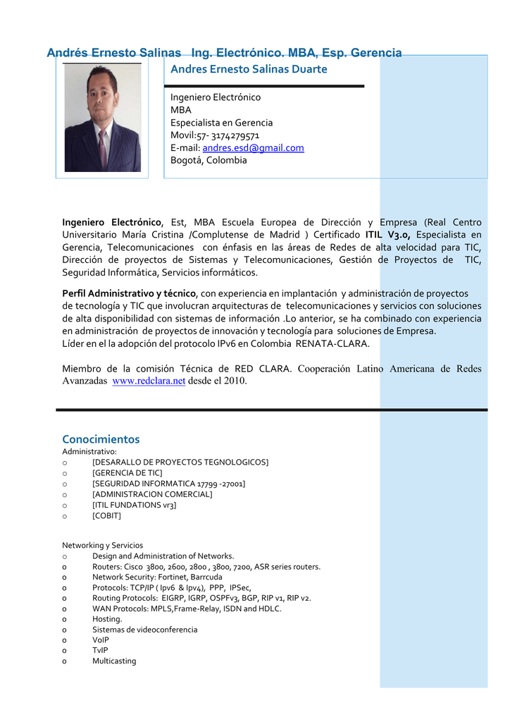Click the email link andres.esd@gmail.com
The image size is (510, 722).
click(253, 148)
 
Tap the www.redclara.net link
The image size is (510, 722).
click(149, 381)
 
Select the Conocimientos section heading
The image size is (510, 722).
click(101, 439)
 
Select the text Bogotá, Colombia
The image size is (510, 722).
click(209, 160)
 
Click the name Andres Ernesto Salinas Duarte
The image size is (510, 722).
click(249, 69)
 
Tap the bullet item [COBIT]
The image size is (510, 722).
click(106, 515)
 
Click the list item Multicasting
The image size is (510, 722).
click(114, 661)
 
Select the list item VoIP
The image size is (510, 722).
click(101, 640)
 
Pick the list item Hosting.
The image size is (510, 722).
click(107, 618)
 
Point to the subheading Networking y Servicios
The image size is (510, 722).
click(102, 545)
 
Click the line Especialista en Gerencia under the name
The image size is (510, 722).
click(221, 123)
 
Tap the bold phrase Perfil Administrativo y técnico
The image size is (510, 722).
click(130, 293)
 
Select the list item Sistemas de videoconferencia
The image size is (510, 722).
click(144, 629)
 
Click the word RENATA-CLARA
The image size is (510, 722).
click(332, 343)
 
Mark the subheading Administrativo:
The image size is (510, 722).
click(89, 451)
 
